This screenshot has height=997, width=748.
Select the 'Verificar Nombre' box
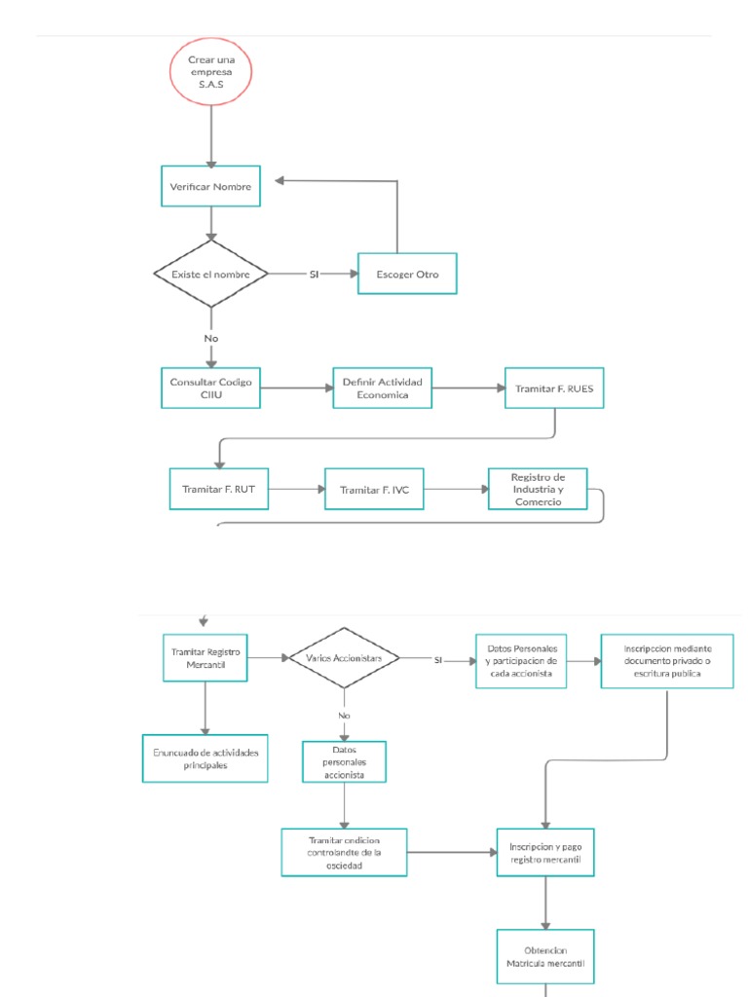click(x=210, y=186)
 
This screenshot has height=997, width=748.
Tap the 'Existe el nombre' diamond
click(x=210, y=275)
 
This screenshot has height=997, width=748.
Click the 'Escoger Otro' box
click(x=407, y=275)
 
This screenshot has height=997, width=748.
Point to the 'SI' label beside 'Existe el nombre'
click(x=314, y=275)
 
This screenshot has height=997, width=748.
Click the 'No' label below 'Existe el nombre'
click(x=210, y=338)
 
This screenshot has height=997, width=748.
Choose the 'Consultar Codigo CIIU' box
click(x=210, y=388)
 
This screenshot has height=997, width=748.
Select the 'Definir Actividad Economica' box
click(x=382, y=388)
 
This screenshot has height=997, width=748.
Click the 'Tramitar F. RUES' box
click(x=554, y=388)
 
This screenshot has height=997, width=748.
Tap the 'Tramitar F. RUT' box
click(x=218, y=489)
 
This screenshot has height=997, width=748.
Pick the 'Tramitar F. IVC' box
click(x=374, y=490)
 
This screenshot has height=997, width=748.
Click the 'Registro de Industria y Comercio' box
click(x=538, y=489)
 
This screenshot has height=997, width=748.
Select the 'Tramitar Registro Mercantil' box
click(x=205, y=657)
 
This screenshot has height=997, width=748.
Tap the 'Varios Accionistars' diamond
click(x=344, y=658)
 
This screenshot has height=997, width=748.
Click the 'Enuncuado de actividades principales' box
click(x=205, y=758)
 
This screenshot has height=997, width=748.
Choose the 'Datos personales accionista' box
click(x=344, y=761)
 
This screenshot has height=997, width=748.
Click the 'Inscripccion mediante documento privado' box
click(x=667, y=660)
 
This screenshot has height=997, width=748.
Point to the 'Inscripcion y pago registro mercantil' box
click(x=544, y=853)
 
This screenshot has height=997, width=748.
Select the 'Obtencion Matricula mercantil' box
click(x=544, y=956)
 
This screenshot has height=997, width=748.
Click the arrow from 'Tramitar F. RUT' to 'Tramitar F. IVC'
click(x=297, y=489)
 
